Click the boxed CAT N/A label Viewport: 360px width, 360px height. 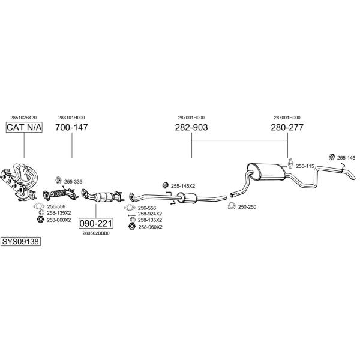pyautogui.click(x=24, y=127)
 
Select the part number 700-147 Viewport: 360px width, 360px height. pyautogui.click(x=71, y=127)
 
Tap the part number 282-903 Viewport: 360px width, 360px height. pyautogui.click(x=191, y=127)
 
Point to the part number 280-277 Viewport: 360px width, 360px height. pyautogui.click(x=287, y=127)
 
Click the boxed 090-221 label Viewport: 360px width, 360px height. pyautogui.click(x=96, y=223)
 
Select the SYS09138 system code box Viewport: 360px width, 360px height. pyautogui.click(x=20, y=242)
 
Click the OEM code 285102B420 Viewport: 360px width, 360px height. pyautogui.click(x=23, y=118)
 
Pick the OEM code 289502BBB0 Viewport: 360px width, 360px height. pyautogui.click(x=96, y=233)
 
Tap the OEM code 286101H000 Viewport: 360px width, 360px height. pyautogui.click(x=71, y=118)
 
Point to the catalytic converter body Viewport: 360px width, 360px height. pyautogui.click(x=104, y=197)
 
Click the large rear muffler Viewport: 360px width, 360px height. pyautogui.click(x=266, y=172)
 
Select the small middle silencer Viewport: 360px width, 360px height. pyautogui.click(x=187, y=198)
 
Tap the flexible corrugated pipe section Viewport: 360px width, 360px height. pyautogui.click(x=58, y=194)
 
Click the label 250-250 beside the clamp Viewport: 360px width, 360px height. pyautogui.click(x=247, y=207)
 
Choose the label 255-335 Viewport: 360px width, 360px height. pyautogui.click(x=73, y=182)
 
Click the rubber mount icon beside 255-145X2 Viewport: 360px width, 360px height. pyautogui.click(x=165, y=185)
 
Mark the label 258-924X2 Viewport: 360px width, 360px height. pyautogui.click(x=149, y=214)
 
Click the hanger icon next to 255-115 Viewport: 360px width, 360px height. pyautogui.click(x=290, y=163)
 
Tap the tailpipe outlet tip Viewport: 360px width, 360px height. pyautogui.click(x=353, y=178)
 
